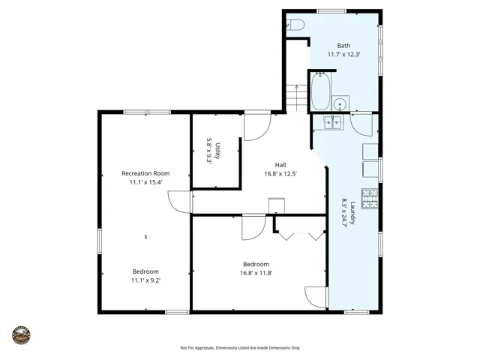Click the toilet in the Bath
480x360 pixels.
click(295, 25)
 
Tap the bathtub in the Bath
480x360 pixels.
click(320, 91)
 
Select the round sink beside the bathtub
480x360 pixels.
click(340, 103)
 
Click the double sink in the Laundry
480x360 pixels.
click(333, 122)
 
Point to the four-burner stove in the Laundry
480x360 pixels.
click(370, 198)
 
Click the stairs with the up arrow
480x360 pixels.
click(297, 97)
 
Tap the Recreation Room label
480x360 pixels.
click(145, 173)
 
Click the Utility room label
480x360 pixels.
click(217, 151)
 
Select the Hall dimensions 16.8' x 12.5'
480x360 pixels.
click(280, 174)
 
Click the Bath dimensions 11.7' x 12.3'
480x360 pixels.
click(343, 55)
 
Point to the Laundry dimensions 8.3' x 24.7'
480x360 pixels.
click(344, 212)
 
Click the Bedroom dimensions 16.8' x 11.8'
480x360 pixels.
click(256, 273)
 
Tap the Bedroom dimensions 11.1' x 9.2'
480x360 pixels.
click(145, 280)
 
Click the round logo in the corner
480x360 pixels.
click(21, 335)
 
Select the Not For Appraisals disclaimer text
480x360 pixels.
click(240, 348)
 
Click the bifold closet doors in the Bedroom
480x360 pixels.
click(301, 236)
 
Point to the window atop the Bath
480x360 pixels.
click(331, 11)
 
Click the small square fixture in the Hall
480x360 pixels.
click(277, 205)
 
